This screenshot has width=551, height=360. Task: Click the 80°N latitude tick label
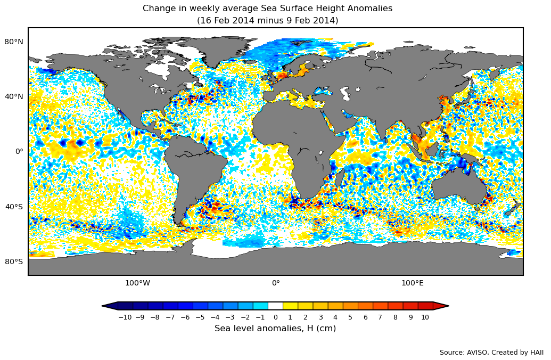pos(14,42)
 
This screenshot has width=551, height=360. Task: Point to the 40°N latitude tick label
pos(14,96)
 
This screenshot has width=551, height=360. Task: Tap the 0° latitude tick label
pos(19,151)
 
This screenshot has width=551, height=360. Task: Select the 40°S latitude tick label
pos(14,207)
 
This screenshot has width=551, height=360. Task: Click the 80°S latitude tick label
pos(14,261)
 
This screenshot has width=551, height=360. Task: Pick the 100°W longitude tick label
pos(137,283)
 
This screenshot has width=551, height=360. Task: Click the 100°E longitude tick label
pos(412,283)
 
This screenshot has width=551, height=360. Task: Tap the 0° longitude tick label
pos(276,283)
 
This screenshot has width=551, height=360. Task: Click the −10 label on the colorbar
pos(125,317)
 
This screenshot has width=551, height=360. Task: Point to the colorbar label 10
pos(425,317)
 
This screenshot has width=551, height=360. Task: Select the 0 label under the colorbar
pos(275,317)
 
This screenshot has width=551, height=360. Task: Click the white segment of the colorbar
pos(275,306)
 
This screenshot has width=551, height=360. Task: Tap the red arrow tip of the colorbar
pos(441,306)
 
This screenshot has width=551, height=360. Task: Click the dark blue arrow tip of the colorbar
pos(109,306)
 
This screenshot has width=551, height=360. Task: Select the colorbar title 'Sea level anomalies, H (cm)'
pos(275,329)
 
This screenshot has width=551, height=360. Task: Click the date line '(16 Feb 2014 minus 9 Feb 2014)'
pos(267,21)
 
